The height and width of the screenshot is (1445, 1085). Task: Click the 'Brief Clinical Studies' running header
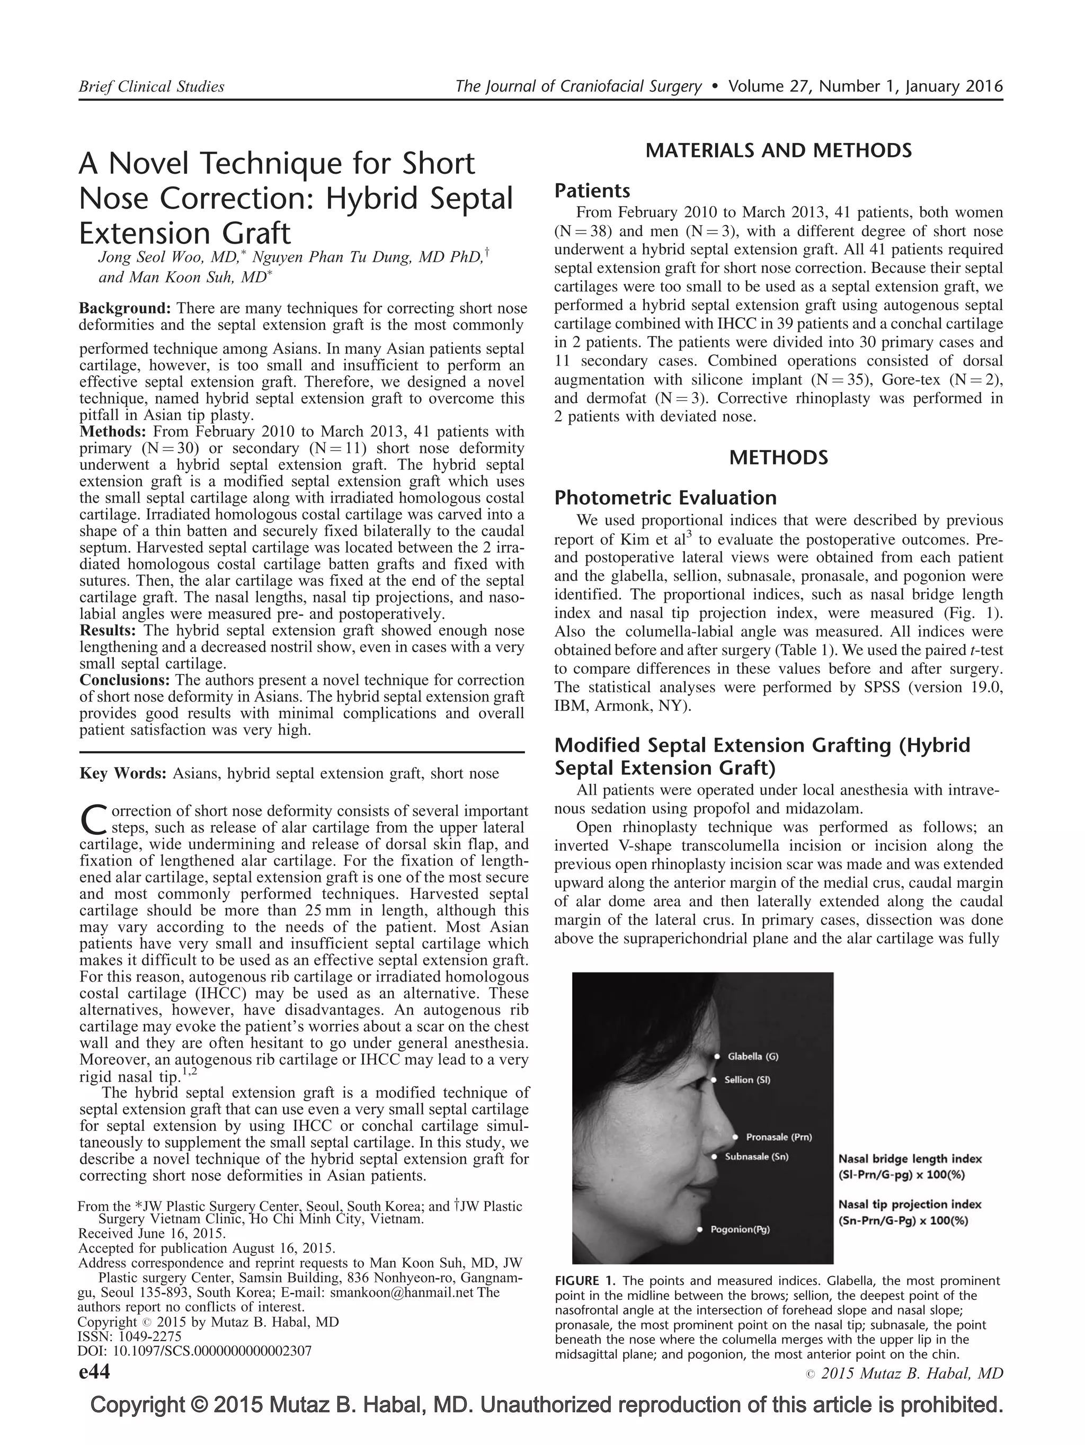(151, 86)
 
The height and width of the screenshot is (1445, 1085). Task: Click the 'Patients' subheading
(592, 191)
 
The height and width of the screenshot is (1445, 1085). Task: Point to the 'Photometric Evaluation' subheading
(665, 498)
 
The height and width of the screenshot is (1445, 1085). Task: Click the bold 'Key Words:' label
(123, 773)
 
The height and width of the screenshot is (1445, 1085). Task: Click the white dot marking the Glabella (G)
(717, 1056)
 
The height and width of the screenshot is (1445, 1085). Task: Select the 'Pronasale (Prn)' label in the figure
(779, 1137)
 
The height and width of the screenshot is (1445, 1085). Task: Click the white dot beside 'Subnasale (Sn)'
(715, 1157)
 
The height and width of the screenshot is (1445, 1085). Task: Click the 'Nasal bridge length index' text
(909, 1159)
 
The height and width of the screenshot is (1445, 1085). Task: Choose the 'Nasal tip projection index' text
(909, 1204)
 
